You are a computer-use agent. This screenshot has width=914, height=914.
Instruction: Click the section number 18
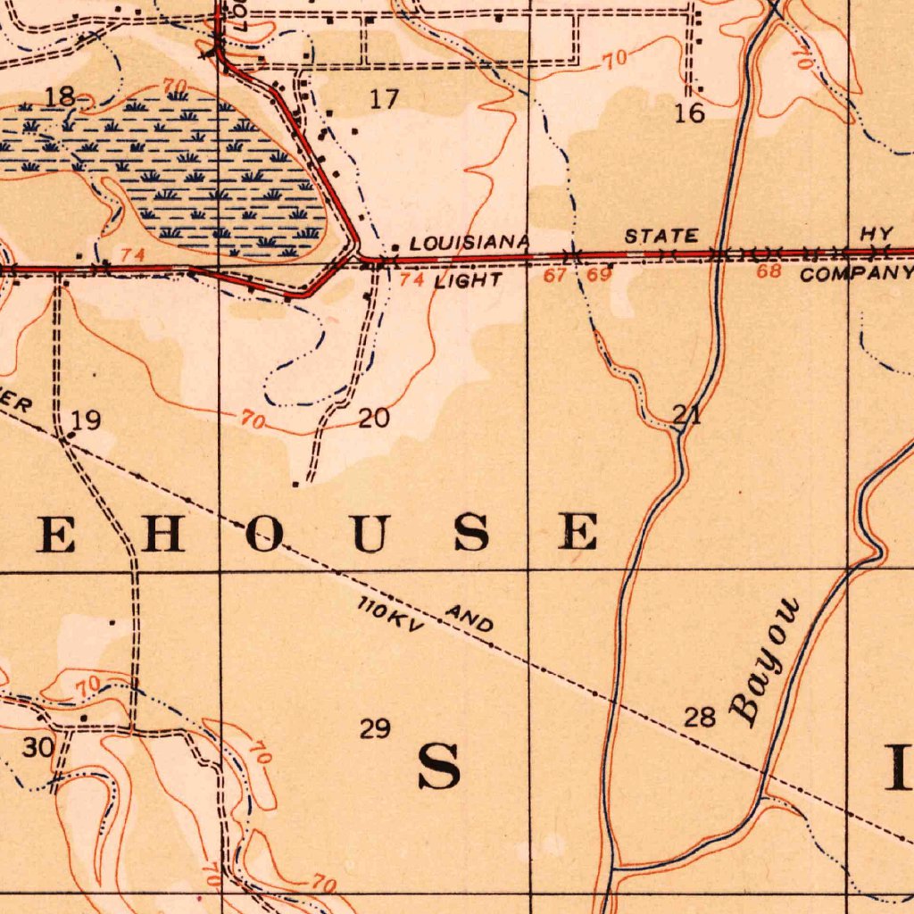60,97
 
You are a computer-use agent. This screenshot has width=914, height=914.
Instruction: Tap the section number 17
384,99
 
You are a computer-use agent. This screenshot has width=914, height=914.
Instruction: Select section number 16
690,112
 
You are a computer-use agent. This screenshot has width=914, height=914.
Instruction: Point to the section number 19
87,420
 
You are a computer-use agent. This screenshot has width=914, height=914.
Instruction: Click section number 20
373,418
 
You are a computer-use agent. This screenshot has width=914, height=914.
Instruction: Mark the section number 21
686,414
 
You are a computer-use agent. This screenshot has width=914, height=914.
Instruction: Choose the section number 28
701,717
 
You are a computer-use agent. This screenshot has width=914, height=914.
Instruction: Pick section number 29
375,729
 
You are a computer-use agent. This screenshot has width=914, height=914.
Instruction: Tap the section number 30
37,747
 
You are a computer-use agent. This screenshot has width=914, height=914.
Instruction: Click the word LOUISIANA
469,243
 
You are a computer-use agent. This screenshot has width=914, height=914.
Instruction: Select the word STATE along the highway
661,237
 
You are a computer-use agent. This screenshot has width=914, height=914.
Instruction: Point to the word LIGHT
468,281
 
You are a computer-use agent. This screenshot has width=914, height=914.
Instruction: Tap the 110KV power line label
390,617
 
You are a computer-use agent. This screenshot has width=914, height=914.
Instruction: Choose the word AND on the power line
469,619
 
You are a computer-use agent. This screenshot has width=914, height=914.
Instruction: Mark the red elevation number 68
769,271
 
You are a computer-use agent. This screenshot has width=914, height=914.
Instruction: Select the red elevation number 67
555,275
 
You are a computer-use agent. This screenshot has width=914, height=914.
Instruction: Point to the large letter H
163,534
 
